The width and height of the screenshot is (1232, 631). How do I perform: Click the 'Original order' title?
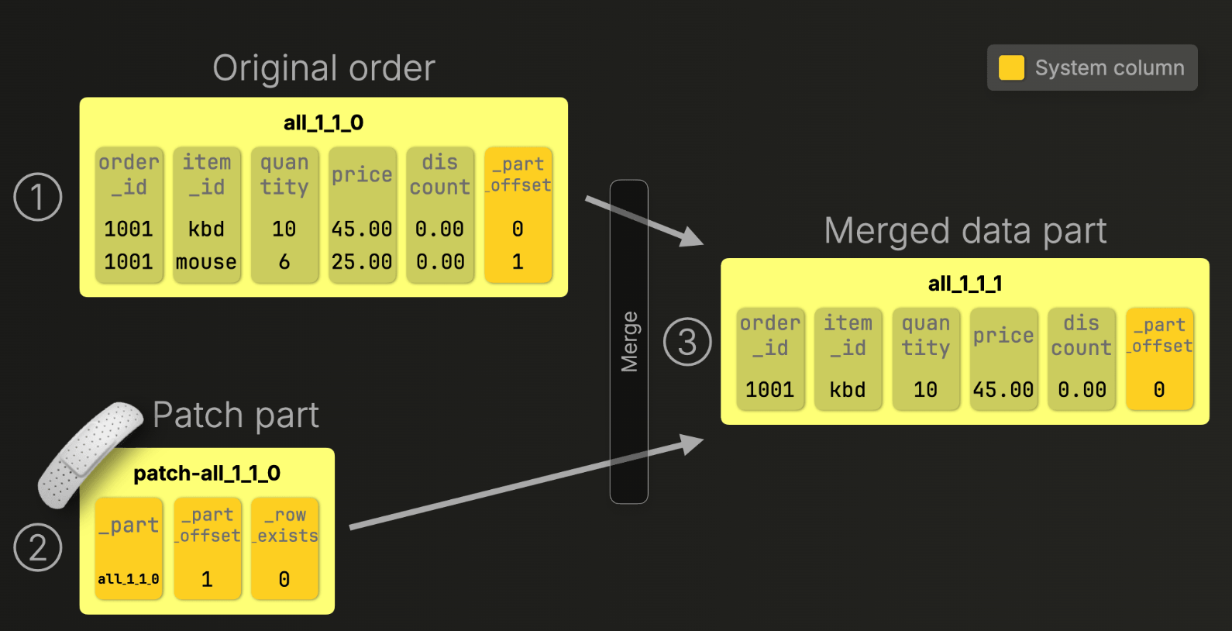[x=324, y=68]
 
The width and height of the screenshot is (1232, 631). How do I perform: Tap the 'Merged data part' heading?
[x=965, y=231]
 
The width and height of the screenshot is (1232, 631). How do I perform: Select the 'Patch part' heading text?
[x=236, y=415]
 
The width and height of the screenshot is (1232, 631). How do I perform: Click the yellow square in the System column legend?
[x=1011, y=68]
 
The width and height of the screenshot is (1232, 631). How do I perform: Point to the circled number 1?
[x=38, y=197]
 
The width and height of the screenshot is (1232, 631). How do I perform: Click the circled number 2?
[x=38, y=547]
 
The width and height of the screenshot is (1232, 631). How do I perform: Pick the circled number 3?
[x=687, y=342]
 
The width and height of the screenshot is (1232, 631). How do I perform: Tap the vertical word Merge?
[x=629, y=342]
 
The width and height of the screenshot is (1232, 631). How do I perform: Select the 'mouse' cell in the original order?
[x=206, y=262]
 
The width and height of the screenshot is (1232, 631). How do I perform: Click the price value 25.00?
[x=362, y=262]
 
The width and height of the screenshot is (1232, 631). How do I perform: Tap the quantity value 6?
[x=284, y=262]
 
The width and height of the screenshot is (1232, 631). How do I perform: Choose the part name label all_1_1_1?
[x=965, y=284]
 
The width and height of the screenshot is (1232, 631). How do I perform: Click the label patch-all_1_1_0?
[x=207, y=474]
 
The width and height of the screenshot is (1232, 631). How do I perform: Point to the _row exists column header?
[x=285, y=526]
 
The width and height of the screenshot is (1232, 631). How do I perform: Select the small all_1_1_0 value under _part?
[x=129, y=579]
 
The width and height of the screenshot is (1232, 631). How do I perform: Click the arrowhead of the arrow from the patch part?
[x=692, y=443]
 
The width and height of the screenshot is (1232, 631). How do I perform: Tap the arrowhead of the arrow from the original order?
[x=691, y=236]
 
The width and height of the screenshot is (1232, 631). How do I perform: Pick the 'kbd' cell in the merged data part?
[x=848, y=390]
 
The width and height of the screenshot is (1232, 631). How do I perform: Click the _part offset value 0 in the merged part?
[x=1159, y=390]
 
